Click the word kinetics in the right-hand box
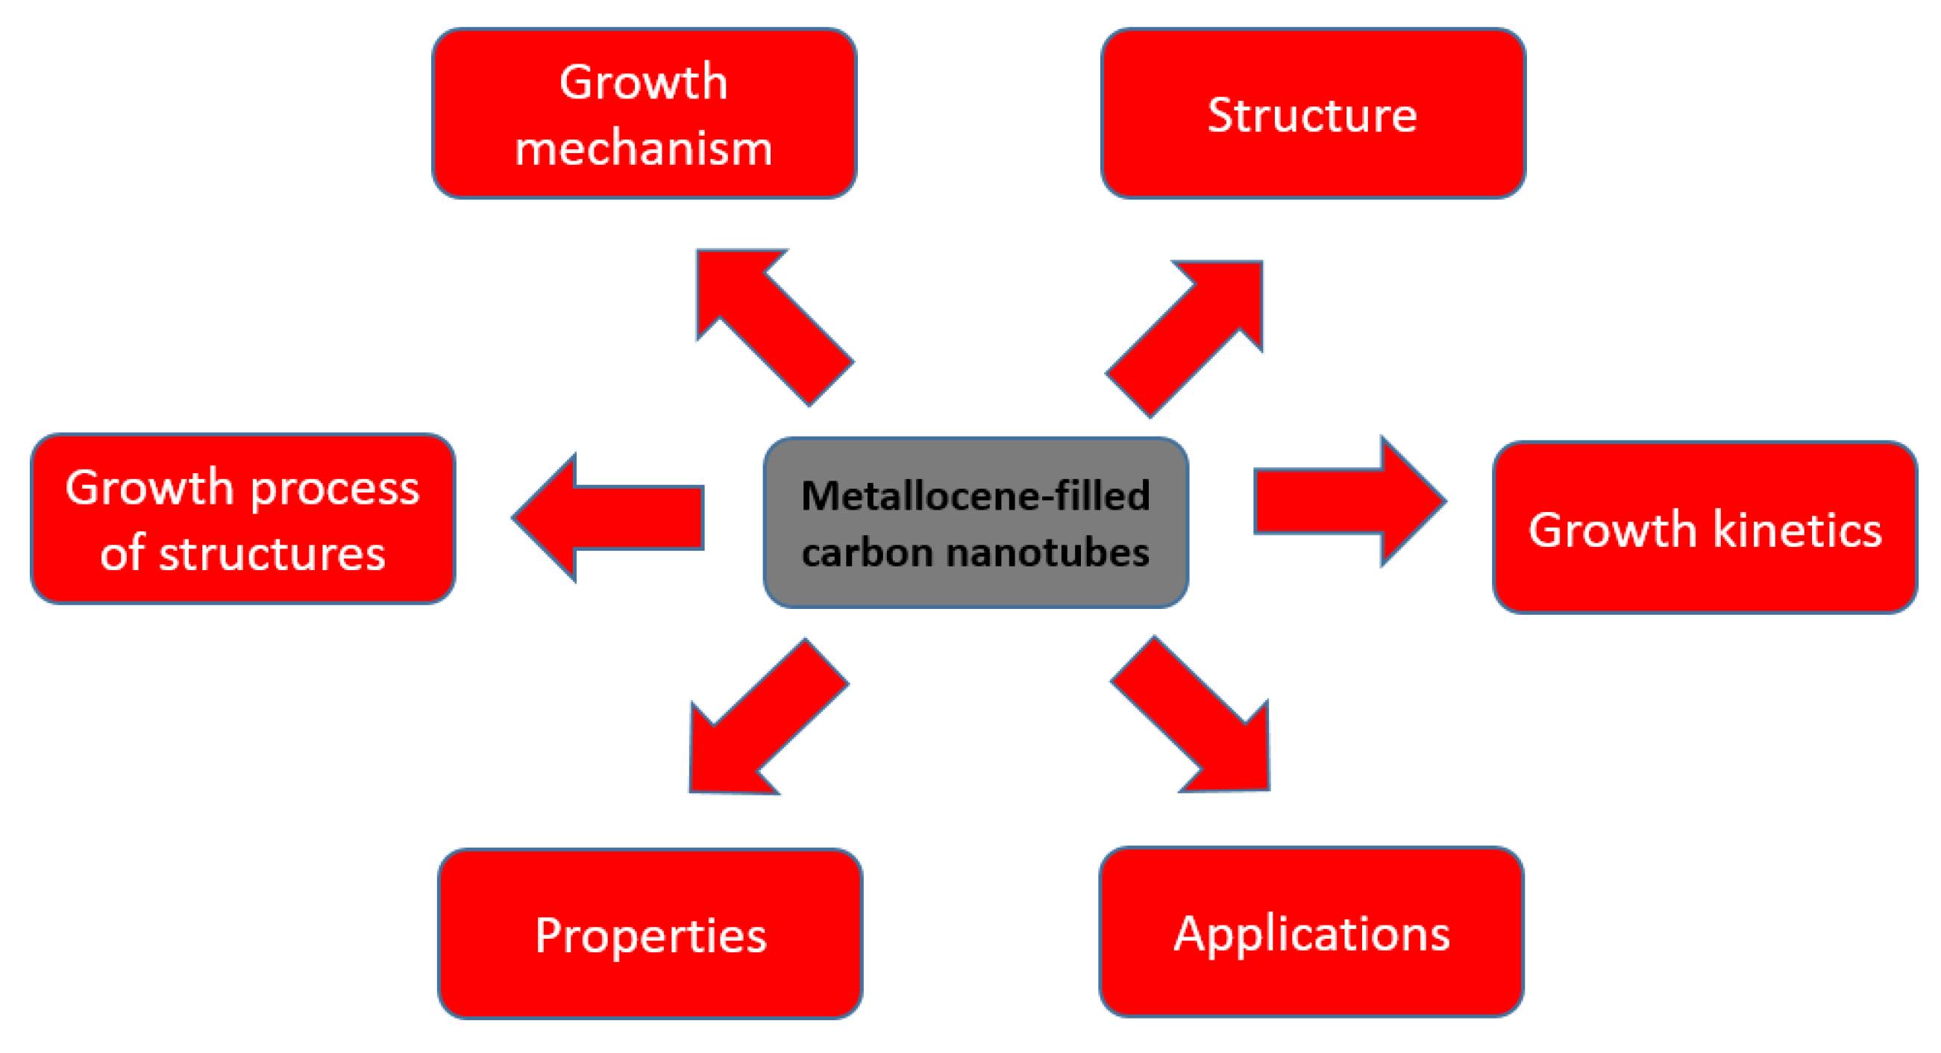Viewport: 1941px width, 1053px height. tap(1797, 529)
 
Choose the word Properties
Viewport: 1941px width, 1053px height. tap(650, 936)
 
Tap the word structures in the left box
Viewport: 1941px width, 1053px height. tap(272, 554)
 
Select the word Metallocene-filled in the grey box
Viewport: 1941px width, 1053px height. tap(975, 496)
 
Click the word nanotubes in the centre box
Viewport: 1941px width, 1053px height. tap(1047, 552)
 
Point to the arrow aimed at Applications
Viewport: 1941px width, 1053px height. tap(1198, 720)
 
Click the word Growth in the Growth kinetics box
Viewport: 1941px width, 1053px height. tap(1612, 529)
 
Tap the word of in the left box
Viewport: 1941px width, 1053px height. tap(122, 554)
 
